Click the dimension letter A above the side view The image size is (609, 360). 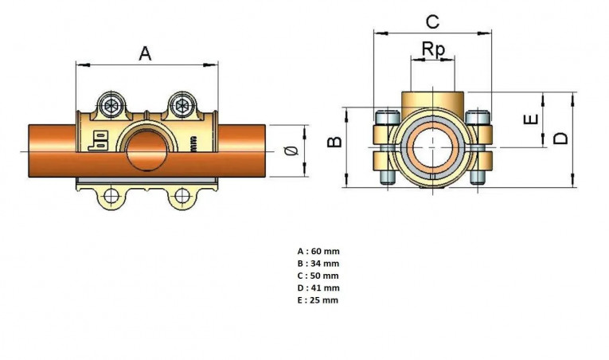coord(145,53)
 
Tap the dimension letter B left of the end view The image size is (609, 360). coord(335,142)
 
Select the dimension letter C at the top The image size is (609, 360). coord(432,21)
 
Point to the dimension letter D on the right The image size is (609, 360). coord(561,138)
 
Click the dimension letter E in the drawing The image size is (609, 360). coord(530,119)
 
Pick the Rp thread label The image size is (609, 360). coord(433,49)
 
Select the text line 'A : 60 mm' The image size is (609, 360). coord(316,251)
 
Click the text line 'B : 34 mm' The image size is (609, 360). coord(316,263)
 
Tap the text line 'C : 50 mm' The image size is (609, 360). coord(316,276)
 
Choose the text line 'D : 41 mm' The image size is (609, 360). coord(316,288)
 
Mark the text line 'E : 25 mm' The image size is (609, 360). coord(316,300)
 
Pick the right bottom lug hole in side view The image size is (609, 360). coord(183,196)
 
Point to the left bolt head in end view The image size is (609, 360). coord(388,119)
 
